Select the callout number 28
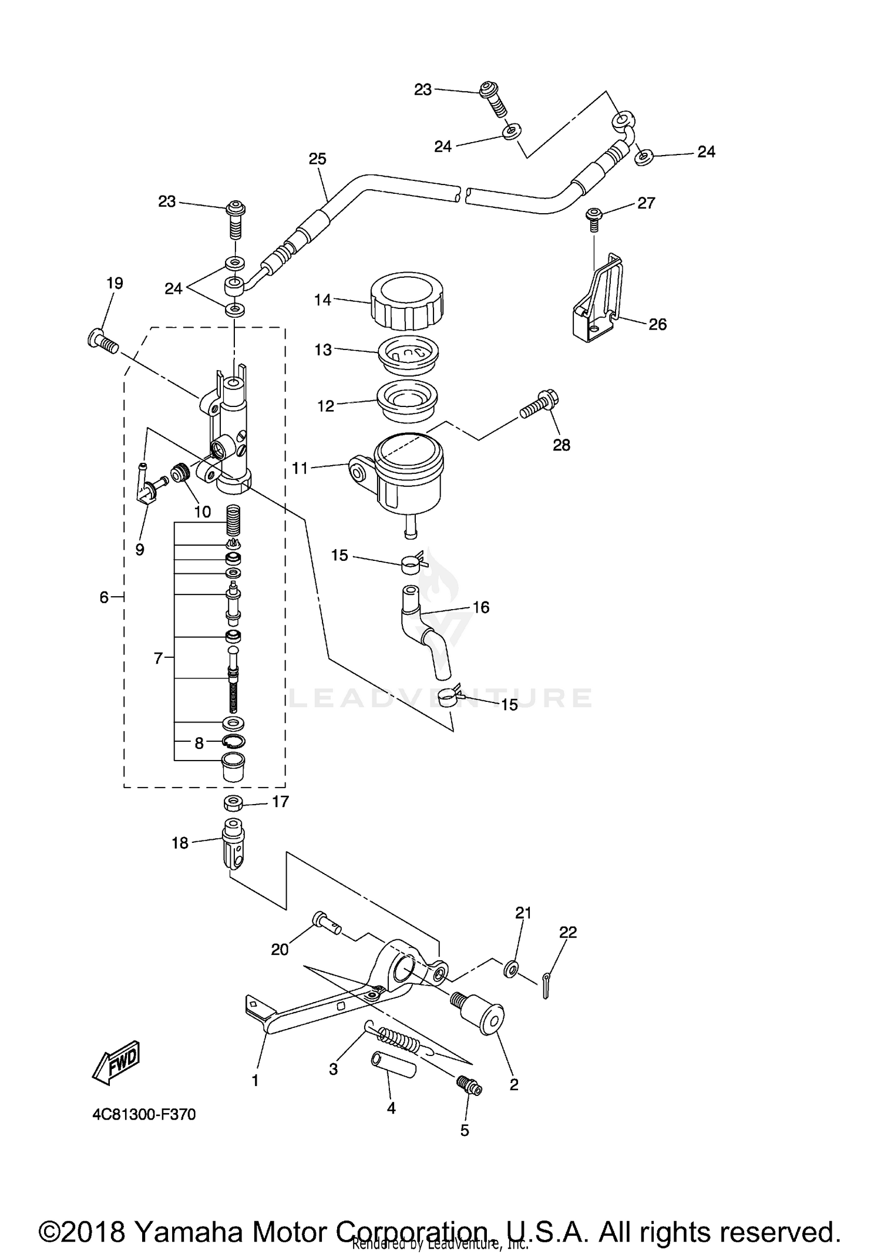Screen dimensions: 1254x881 pyautogui.click(x=561, y=445)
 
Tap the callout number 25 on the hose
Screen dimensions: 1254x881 pyautogui.click(x=317, y=159)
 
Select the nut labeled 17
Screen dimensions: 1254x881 pyautogui.click(x=234, y=802)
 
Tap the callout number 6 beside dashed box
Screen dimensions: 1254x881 pyautogui.click(x=104, y=597)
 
